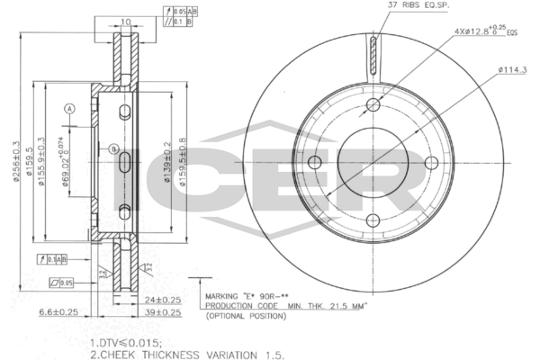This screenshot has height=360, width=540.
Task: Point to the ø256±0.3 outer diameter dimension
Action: (x=17, y=161)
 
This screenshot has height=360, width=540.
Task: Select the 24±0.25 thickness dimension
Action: (x=163, y=300)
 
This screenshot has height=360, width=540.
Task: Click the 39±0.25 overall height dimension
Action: (x=163, y=312)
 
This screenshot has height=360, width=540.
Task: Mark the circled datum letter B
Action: (x=114, y=148)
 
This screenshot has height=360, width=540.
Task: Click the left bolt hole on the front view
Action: (x=314, y=162)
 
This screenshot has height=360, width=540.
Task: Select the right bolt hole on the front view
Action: (x=431, y=162)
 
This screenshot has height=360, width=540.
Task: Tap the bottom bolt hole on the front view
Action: (x=373, y=220)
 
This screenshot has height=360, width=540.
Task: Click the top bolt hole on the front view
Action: (x=373, y=104)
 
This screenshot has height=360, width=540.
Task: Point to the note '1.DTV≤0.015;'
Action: (x=126, y=343)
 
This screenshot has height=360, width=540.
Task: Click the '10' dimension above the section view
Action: (x=125, y=21)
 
